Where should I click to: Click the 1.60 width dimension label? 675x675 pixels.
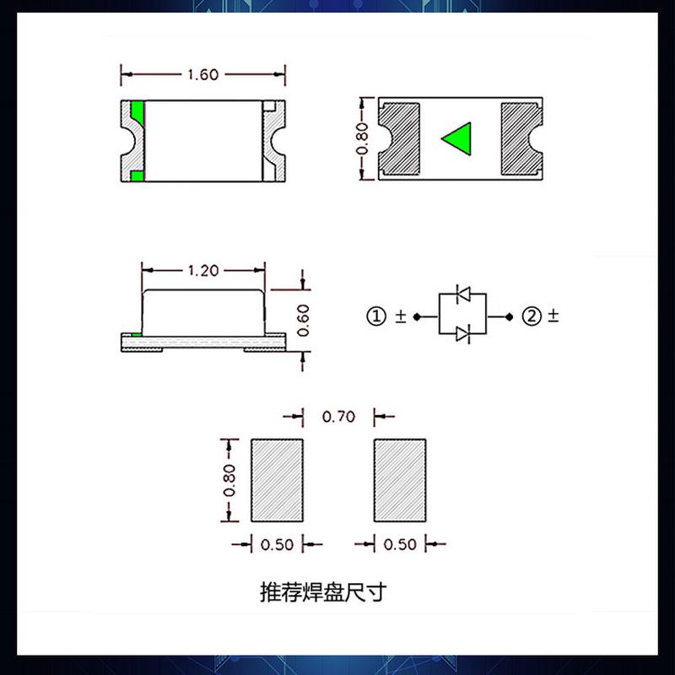click(202, 74)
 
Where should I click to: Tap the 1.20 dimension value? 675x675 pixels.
click(202, 271)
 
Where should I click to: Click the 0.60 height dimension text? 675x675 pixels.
click(304, 321)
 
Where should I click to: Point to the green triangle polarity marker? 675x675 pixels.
click(457, 139)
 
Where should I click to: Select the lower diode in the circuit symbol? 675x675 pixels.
click(462, 335)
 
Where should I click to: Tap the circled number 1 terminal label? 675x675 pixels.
click(375, 316)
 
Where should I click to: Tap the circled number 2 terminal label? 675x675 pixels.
click(531, 316)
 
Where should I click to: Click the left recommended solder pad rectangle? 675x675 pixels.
click(278, 480)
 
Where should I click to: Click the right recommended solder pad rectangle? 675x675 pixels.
click(401, 480)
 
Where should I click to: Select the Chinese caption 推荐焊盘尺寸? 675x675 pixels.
click(322, 592)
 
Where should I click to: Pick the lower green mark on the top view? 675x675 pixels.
click(137, 175)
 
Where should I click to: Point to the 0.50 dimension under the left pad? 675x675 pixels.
click(278, 545)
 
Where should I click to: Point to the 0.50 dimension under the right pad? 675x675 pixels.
click(400, 545)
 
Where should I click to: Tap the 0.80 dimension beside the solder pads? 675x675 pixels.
click(229, 480)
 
